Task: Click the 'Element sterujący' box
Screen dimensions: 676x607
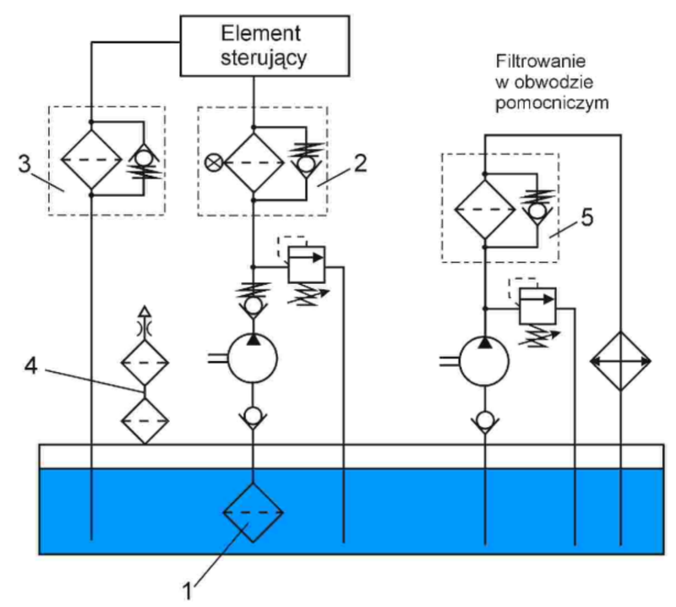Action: [x=264, y=46]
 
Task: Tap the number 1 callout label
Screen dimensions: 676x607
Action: [x=188, y=591]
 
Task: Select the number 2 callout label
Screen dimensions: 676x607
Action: [x=361, y=163]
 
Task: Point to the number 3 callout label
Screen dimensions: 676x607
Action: [x=25, y=164]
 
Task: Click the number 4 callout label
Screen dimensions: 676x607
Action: [x=30, y=367]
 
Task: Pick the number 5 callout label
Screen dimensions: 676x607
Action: [x=587, y=217]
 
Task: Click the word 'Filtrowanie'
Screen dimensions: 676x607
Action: [x=541, y=61]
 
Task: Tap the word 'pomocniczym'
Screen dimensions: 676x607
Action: [x=552, y=103]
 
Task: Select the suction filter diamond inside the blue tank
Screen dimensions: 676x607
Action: [x=253, y=512]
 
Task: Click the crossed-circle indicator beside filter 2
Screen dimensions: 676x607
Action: [x=213, y=162]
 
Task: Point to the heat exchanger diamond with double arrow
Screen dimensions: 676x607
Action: [x=620, y=361]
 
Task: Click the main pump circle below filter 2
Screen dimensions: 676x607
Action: [x=252, y=359]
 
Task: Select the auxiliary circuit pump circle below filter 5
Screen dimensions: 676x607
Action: [x=484, y=362]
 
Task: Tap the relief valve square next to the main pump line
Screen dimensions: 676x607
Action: [x=307, y=265]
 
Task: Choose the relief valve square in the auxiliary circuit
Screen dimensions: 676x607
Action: [x=537, y=306]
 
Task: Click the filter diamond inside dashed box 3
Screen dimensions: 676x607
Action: [x=91, y=159]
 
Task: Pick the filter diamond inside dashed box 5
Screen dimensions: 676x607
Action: [x=485, y=209]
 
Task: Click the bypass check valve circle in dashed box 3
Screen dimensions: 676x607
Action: [x=143, y=157]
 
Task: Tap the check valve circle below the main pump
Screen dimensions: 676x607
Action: [x=253, y=416]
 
